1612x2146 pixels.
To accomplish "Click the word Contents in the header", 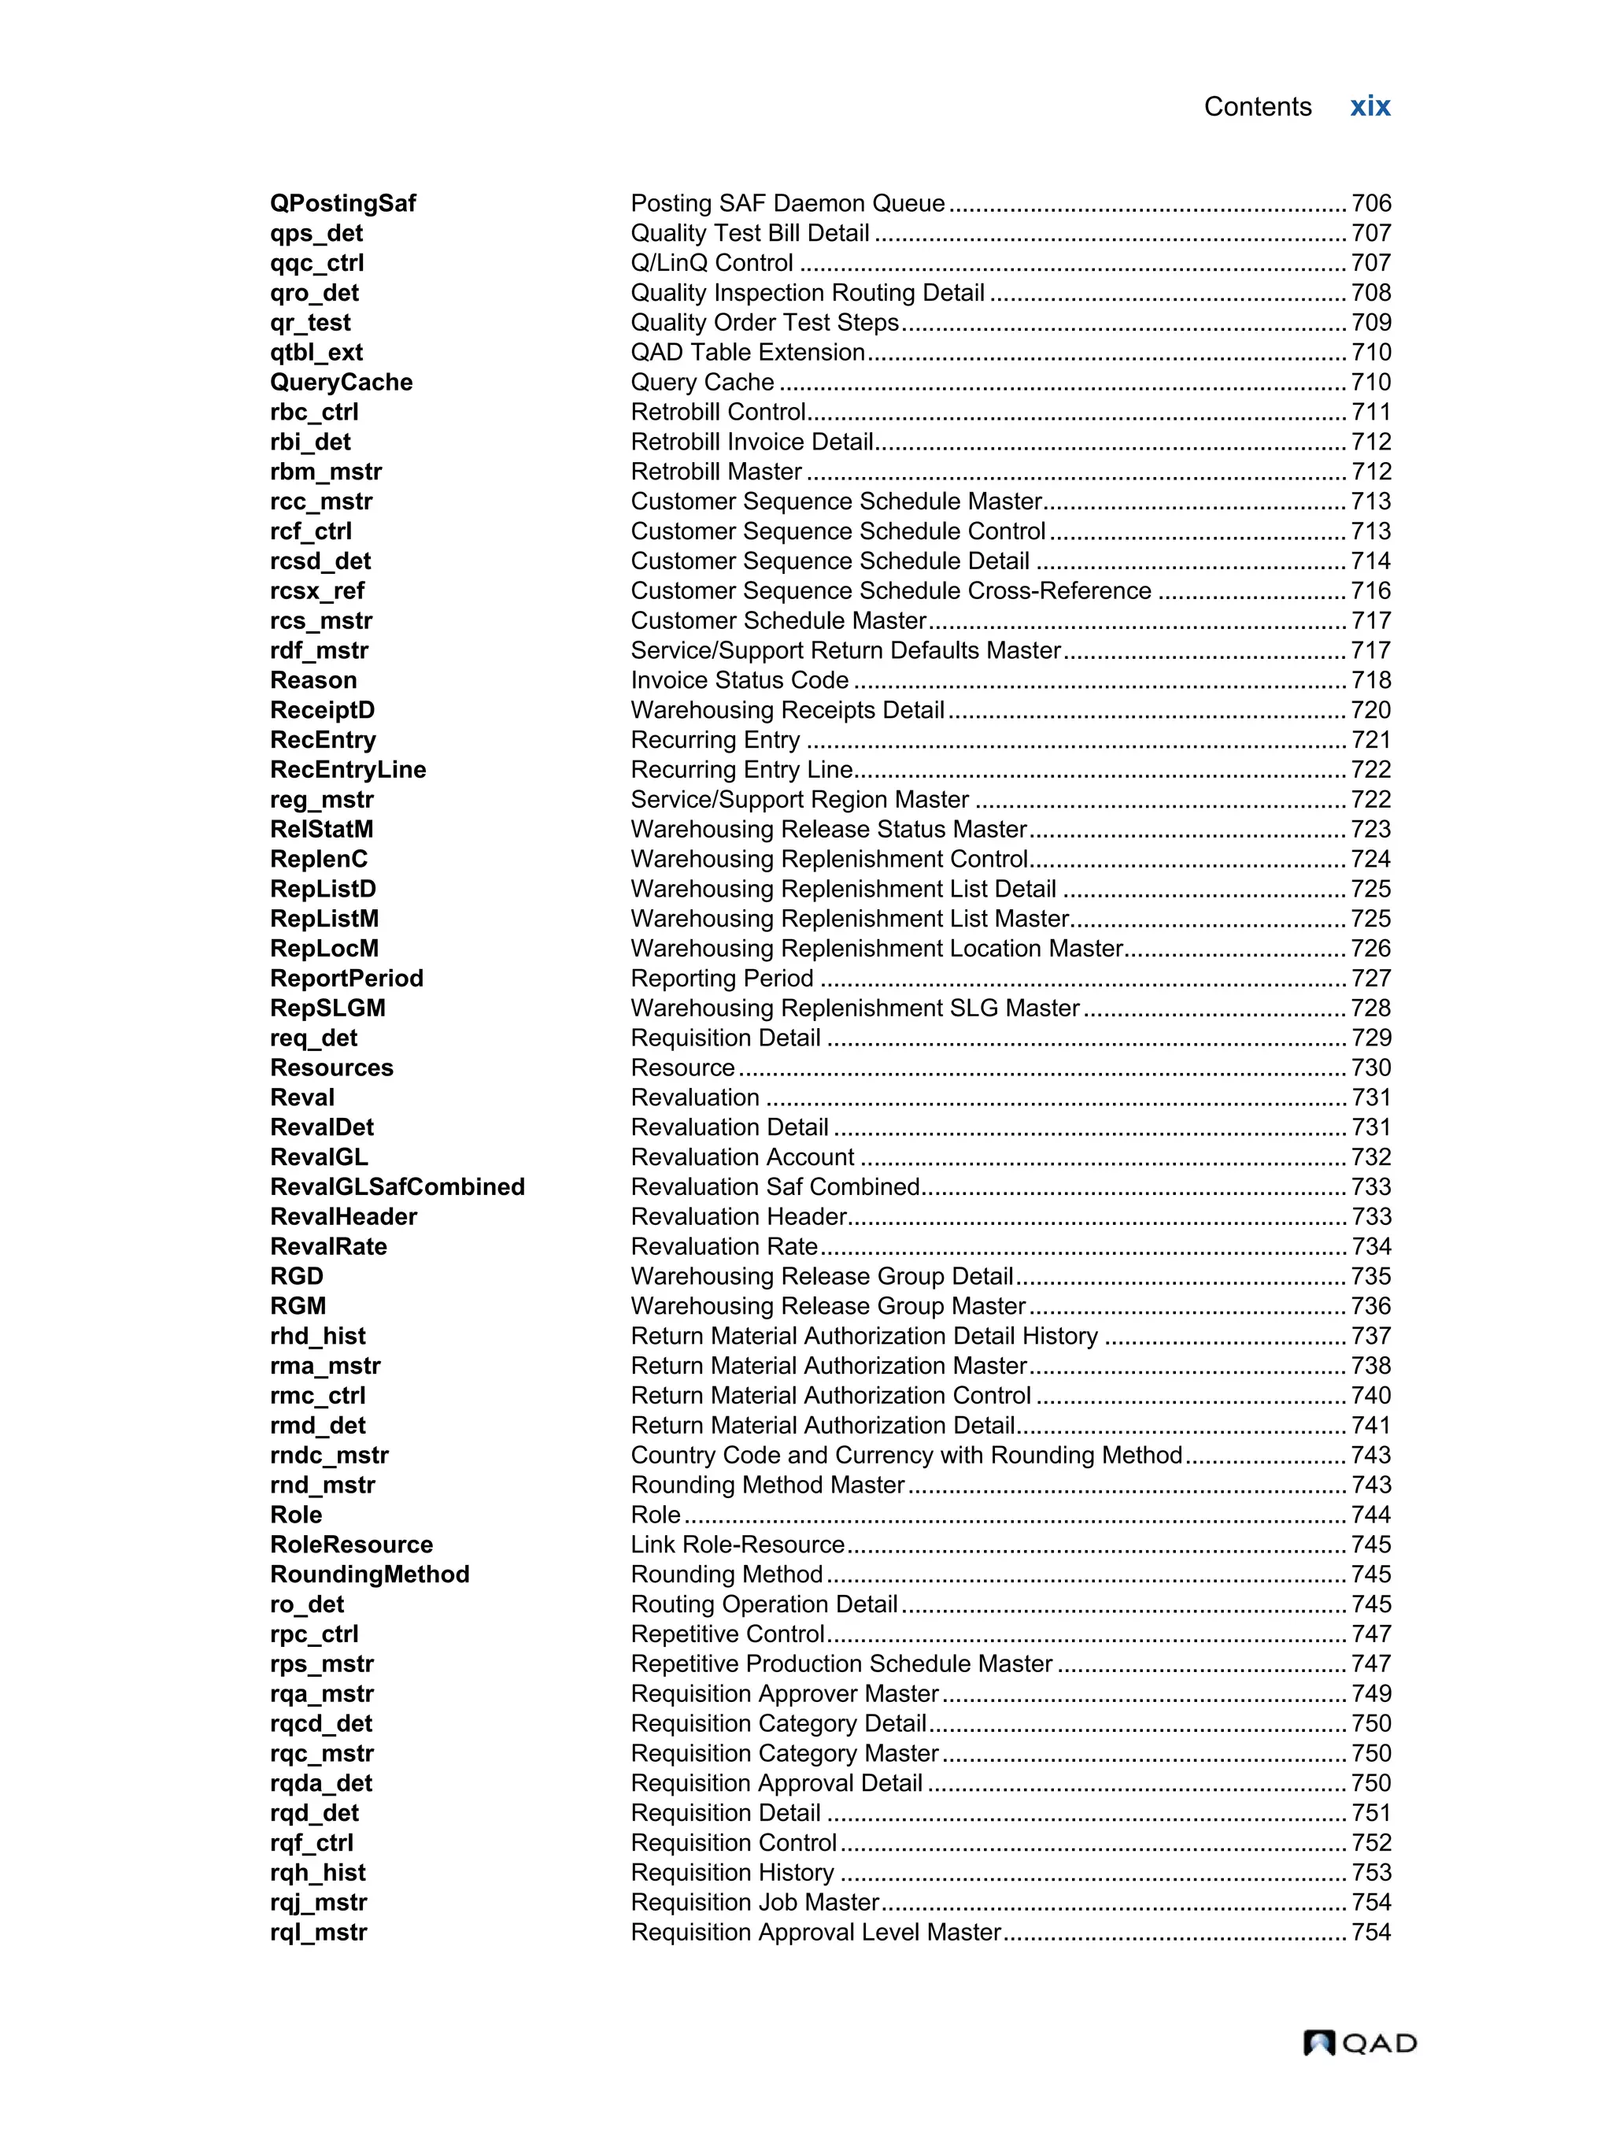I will coord(1257,107).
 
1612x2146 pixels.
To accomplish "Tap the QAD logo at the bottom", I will coord(1359,2042).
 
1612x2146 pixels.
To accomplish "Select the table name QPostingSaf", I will coord(342,203).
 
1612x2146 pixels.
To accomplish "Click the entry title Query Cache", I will coord(702,383).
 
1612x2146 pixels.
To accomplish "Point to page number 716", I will coord(1370,591).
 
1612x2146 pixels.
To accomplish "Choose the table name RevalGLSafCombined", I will coord(397,1186).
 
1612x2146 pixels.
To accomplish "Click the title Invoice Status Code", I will coord(739,680).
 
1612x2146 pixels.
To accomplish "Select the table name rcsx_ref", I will coord(317,591).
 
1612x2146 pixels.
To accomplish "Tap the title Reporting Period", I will coord(722,978).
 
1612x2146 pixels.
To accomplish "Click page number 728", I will coord(1370,1008).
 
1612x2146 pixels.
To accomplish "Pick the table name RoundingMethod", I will coord(369,1574).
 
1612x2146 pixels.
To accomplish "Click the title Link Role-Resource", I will coord(738,1545).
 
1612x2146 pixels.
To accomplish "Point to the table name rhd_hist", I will coord(317,1336).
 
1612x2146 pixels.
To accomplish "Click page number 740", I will coord(1370,1395).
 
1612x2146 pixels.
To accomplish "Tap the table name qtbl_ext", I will coord(316,352).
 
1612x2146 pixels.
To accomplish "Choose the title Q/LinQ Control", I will coord(712,263).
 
